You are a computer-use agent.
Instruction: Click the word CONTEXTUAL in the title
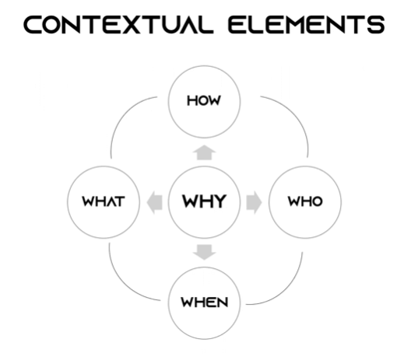click(x=118, y=25)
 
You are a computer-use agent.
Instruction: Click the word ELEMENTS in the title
click(x=307, y=25)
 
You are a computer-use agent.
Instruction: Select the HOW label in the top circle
click(x=204, y=101)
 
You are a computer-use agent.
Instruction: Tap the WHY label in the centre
click(x=204, y=201)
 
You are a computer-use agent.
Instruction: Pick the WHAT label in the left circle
click(x=104, y=201)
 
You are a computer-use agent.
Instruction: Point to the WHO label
click(x=305, y=201)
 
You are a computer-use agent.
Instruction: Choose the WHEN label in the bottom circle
click(x=205, y=302)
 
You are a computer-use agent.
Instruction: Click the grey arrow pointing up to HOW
click(x=204, y=152)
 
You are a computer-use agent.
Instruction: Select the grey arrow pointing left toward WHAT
click(x=155, y=202)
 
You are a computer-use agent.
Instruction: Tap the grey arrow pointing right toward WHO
click(x=254, y=202)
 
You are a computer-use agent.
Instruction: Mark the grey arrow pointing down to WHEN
click(x=204, y=252)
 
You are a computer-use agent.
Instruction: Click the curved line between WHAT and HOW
click(x=123, y=115)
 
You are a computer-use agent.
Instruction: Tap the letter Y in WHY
click(x=219, y=201)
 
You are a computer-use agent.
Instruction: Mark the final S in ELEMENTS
click(x=377, y=25)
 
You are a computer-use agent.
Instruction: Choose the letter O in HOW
click(x=204, y=101)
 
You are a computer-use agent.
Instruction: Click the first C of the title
click(x=33, y=25)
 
